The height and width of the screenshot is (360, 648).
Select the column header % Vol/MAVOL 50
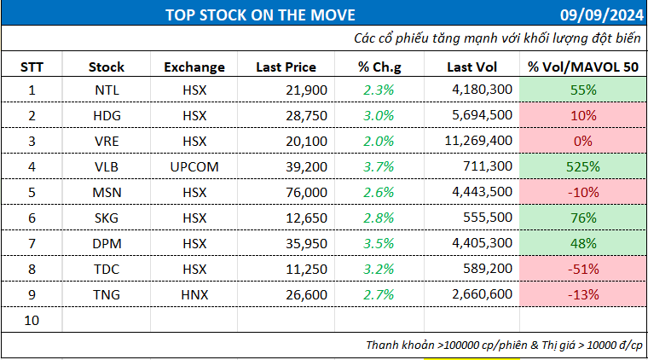point(582,67)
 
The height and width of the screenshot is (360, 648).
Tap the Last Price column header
point(286,67)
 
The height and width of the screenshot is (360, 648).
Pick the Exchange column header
point(194,67)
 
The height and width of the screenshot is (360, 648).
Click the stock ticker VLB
point(107,167)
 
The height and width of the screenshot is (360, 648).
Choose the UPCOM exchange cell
point(194,167)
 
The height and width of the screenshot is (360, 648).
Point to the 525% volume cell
point(582,167)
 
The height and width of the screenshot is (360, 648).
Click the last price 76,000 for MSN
point(303,193)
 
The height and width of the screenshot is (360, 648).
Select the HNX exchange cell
point(194,294)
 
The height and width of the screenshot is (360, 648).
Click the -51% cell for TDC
point(582,270)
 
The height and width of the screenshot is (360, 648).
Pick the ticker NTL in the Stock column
point(107,90)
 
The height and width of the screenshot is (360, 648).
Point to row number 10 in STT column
point(32,320)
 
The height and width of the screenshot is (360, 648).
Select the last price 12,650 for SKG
point(303,218)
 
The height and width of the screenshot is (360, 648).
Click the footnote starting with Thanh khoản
point(503,345)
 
